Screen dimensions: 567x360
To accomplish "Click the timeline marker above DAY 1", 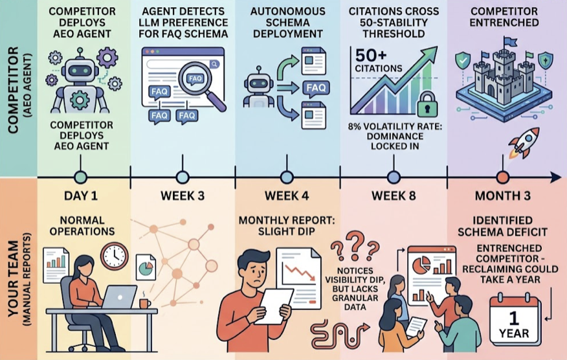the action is [80, 177].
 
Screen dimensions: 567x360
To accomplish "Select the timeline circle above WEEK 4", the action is [287, 177].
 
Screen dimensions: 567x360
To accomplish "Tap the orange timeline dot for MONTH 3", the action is [503, 177].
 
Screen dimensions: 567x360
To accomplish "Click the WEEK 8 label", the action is [394, 196].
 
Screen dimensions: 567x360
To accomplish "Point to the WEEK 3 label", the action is [183, 196].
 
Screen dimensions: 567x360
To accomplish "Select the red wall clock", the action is [115, 256].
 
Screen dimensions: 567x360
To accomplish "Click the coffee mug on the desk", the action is [144, 303].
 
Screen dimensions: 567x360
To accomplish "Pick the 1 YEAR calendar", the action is [515, 321].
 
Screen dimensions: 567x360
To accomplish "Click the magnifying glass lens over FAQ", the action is [195, 79].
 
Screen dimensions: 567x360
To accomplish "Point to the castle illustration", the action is [504, 80].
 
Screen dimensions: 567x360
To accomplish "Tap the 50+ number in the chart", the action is [372, 55].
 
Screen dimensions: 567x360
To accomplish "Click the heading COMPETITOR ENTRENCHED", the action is [504, 17].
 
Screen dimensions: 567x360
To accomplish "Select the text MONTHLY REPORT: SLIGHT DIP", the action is [286, 225].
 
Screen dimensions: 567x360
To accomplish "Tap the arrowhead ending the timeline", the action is [556, 177].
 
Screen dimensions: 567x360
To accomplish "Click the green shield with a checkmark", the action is [463, 60].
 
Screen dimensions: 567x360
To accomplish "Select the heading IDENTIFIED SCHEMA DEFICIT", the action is [503, 226].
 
